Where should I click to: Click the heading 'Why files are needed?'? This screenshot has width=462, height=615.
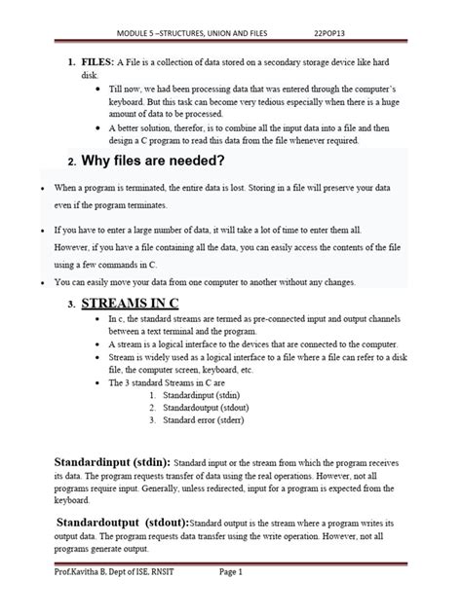(154, 160)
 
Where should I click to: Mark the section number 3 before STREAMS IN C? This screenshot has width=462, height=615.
(71, 305)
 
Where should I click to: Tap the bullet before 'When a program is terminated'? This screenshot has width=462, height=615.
(44, 186)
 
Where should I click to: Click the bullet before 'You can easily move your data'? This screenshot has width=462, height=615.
(44, 282)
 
